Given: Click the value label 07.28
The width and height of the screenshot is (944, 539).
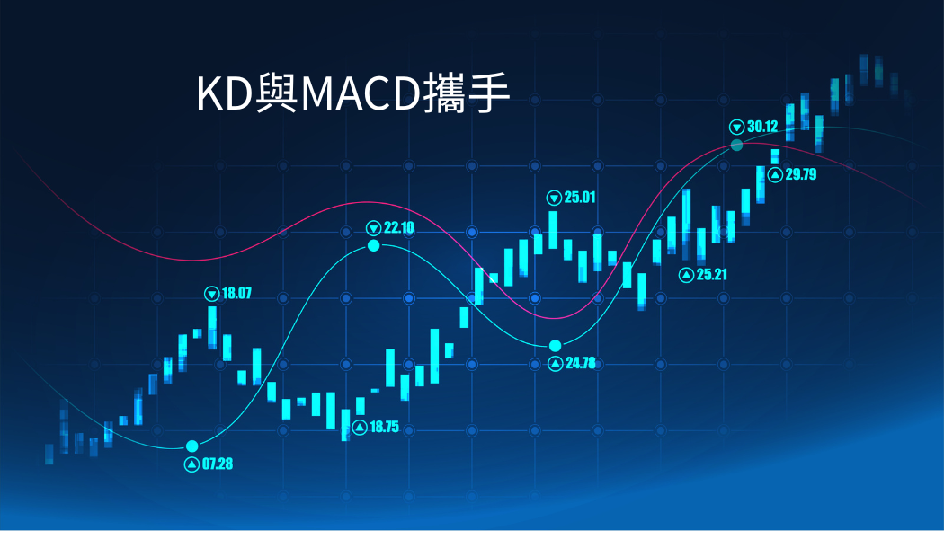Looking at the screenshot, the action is [218, 464].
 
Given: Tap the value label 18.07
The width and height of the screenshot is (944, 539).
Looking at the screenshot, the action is [236, 293].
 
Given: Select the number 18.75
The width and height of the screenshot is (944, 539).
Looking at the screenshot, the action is [384, 427].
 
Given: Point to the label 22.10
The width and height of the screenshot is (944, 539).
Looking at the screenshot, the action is [399, 227].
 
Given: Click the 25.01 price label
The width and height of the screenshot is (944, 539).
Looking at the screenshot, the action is [580, 197].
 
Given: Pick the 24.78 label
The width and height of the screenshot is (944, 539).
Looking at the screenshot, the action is [581, 363].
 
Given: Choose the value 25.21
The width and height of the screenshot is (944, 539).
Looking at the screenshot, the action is [712, 274].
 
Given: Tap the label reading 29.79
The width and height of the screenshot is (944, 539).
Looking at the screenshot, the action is [801, 174].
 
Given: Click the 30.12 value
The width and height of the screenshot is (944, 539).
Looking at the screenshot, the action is [762, 127].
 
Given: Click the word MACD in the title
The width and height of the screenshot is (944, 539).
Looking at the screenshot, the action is [360, 93].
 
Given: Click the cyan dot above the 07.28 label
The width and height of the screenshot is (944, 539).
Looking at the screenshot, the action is [192, 446].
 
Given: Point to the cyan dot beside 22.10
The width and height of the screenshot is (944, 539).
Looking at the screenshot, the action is [374, 245].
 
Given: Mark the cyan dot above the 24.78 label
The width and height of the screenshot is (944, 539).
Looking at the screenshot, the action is [555, 345].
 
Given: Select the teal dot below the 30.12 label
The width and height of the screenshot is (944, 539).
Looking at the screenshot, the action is [736, 145].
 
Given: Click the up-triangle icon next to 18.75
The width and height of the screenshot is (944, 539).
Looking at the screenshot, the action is [360, 427].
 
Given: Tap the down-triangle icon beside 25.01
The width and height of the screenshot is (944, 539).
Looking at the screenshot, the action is [554, 198].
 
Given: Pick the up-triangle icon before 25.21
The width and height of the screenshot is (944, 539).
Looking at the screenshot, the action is [686, 275].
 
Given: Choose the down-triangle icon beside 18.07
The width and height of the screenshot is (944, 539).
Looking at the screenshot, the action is [211, 294].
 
